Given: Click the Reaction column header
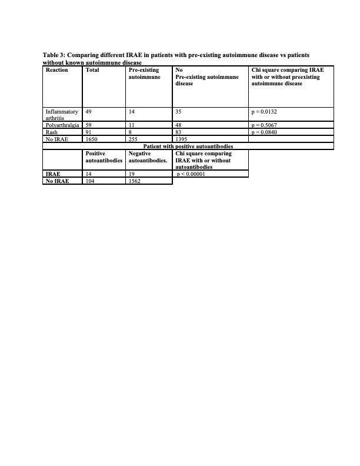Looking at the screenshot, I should (x=56, y=70).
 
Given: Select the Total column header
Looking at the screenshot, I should (x=92, y=70).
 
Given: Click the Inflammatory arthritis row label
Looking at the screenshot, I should (x=62, y=114).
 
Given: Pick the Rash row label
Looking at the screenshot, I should (x=51, y=132).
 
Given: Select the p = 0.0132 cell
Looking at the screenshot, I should (x=268, y=111).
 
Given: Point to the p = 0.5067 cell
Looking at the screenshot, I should (x=268, y=125).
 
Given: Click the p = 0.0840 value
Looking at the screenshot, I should (x=268, y=132).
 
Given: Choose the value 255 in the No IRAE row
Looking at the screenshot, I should (x=133, y=139).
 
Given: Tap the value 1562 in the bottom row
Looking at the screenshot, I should (x=134, y=182).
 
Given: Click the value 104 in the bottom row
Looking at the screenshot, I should (x=90, y=182).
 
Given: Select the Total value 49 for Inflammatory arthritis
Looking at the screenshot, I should (x=88, y=111).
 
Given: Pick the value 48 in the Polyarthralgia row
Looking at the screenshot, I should (x=178, y=125).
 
